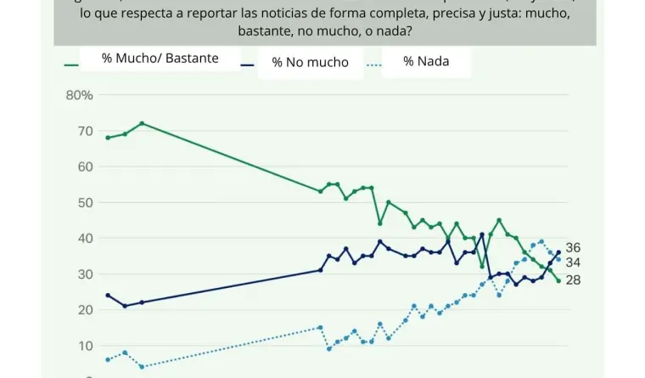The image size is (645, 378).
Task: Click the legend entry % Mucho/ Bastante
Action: (x=160, y=59)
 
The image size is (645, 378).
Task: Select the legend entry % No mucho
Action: (x=310, y=62)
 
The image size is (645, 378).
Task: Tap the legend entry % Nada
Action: (x=426, y=61)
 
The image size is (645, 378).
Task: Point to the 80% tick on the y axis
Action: (x=79, y=95)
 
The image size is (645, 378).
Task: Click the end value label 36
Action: (x=573, y=247)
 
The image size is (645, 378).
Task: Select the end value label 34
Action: (x=573, y=262)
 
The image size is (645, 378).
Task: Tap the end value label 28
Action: (x=573, y=279)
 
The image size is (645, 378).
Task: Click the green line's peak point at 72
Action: (x=142, y=123)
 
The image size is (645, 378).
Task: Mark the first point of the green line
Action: (x=108, y=138)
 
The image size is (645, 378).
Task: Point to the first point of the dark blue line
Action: (x=108, y=295)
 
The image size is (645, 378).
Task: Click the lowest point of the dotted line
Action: (x=142, y=367)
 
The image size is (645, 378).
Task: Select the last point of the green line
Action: (x=558, y=280)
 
